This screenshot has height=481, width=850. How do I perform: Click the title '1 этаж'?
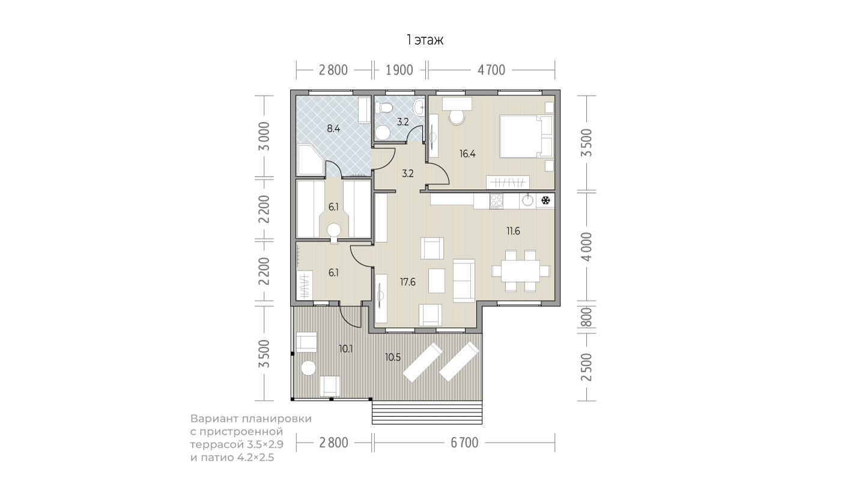(x=425, y=40)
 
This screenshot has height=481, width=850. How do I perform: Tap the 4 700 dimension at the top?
(x=491, y=70)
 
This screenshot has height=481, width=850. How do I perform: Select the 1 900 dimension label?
(x=399, y=70)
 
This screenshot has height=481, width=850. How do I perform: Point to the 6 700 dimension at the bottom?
(x=464, y=443)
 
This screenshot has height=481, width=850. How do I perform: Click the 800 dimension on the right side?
(x=586, y=317)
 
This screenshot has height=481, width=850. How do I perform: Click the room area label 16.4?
(x=467, y=154)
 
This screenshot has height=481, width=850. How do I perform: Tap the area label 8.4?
(x=333, y=129)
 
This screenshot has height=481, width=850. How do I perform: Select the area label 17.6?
(x=407, y=282)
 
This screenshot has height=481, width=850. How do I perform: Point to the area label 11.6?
(x=513, y=231)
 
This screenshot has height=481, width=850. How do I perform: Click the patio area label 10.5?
(x=393, y=357)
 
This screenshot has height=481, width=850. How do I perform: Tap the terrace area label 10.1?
(x=345, y=348)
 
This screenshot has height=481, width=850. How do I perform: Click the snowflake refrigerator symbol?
(x=545, y=200)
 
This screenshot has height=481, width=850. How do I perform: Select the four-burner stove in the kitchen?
(x=496, y=201)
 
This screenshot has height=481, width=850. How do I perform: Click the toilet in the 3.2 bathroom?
(x=384, y=108)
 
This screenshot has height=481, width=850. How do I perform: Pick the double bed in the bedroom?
(x=526, y=136)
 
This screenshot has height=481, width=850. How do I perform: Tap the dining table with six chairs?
(x=521, y=271)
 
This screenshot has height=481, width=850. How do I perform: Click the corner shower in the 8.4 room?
(x=310, y=160)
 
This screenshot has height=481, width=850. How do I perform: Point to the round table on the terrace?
(x=309, y=368)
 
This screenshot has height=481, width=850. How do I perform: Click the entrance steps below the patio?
(x=427, y=412)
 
